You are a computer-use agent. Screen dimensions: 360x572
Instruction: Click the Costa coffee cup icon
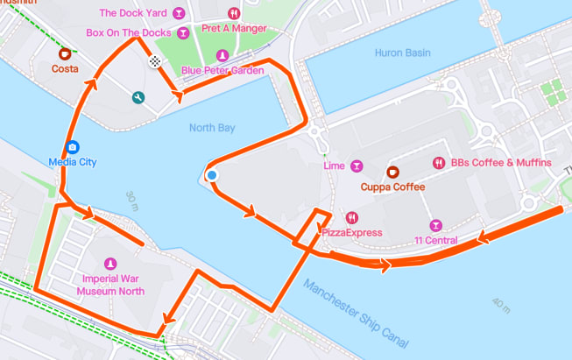click(x=64, y=53)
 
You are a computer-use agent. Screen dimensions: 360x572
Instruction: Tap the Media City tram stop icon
click(x=73, y=147)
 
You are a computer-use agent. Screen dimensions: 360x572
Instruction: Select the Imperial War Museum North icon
click(x=110, y=264)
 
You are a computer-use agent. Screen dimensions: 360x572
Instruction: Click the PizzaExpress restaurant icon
click(x=351, y=217)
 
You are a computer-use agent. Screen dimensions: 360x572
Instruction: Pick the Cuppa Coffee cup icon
click(x=392, y=171)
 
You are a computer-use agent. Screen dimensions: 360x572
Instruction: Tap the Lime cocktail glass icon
click(x=357, y=166)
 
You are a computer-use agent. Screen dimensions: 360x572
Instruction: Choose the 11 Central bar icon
click(x=435, y=225)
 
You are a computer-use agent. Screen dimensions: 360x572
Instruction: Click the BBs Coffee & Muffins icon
click(x=438, y=163)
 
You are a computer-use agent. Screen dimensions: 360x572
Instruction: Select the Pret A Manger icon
click(x=233, y=14)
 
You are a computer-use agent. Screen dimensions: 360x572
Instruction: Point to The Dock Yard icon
click(x=179, y=14)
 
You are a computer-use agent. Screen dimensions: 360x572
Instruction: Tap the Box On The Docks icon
click(x=182, y=33)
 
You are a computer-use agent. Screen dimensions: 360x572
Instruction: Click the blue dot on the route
click(x=212, y=176)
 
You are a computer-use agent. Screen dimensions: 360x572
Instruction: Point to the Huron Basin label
click(x=402, y=53)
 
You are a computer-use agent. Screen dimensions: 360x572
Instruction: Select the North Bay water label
click(x=212, y=128)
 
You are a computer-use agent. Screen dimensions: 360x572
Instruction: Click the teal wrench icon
click(x=138, y=97)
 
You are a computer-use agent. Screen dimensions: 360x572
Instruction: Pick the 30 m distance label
click(x=131, y=202)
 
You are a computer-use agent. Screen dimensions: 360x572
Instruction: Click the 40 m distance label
click(x=500, y=306)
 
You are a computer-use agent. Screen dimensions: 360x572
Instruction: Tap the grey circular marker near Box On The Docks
click(x=155, y=60)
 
